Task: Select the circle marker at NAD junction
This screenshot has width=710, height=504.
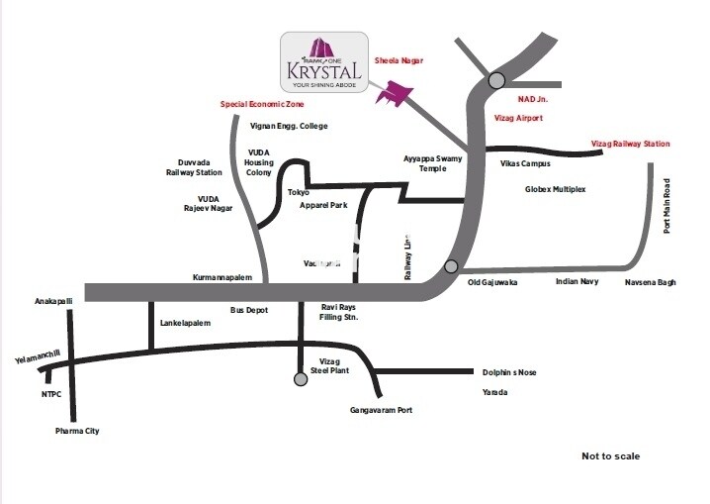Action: pos(496,80)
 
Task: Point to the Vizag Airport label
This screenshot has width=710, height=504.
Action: pos(518,118)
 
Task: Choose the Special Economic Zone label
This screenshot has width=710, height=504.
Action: pos(262,104)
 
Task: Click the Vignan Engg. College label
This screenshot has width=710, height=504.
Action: pos(289,126)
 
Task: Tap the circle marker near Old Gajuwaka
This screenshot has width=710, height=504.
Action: pos(451,265)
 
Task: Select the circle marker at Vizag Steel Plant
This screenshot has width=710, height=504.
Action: pos(301,378)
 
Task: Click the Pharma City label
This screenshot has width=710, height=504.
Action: pos(76,432)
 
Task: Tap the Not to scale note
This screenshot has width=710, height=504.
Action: pos(610,455)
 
